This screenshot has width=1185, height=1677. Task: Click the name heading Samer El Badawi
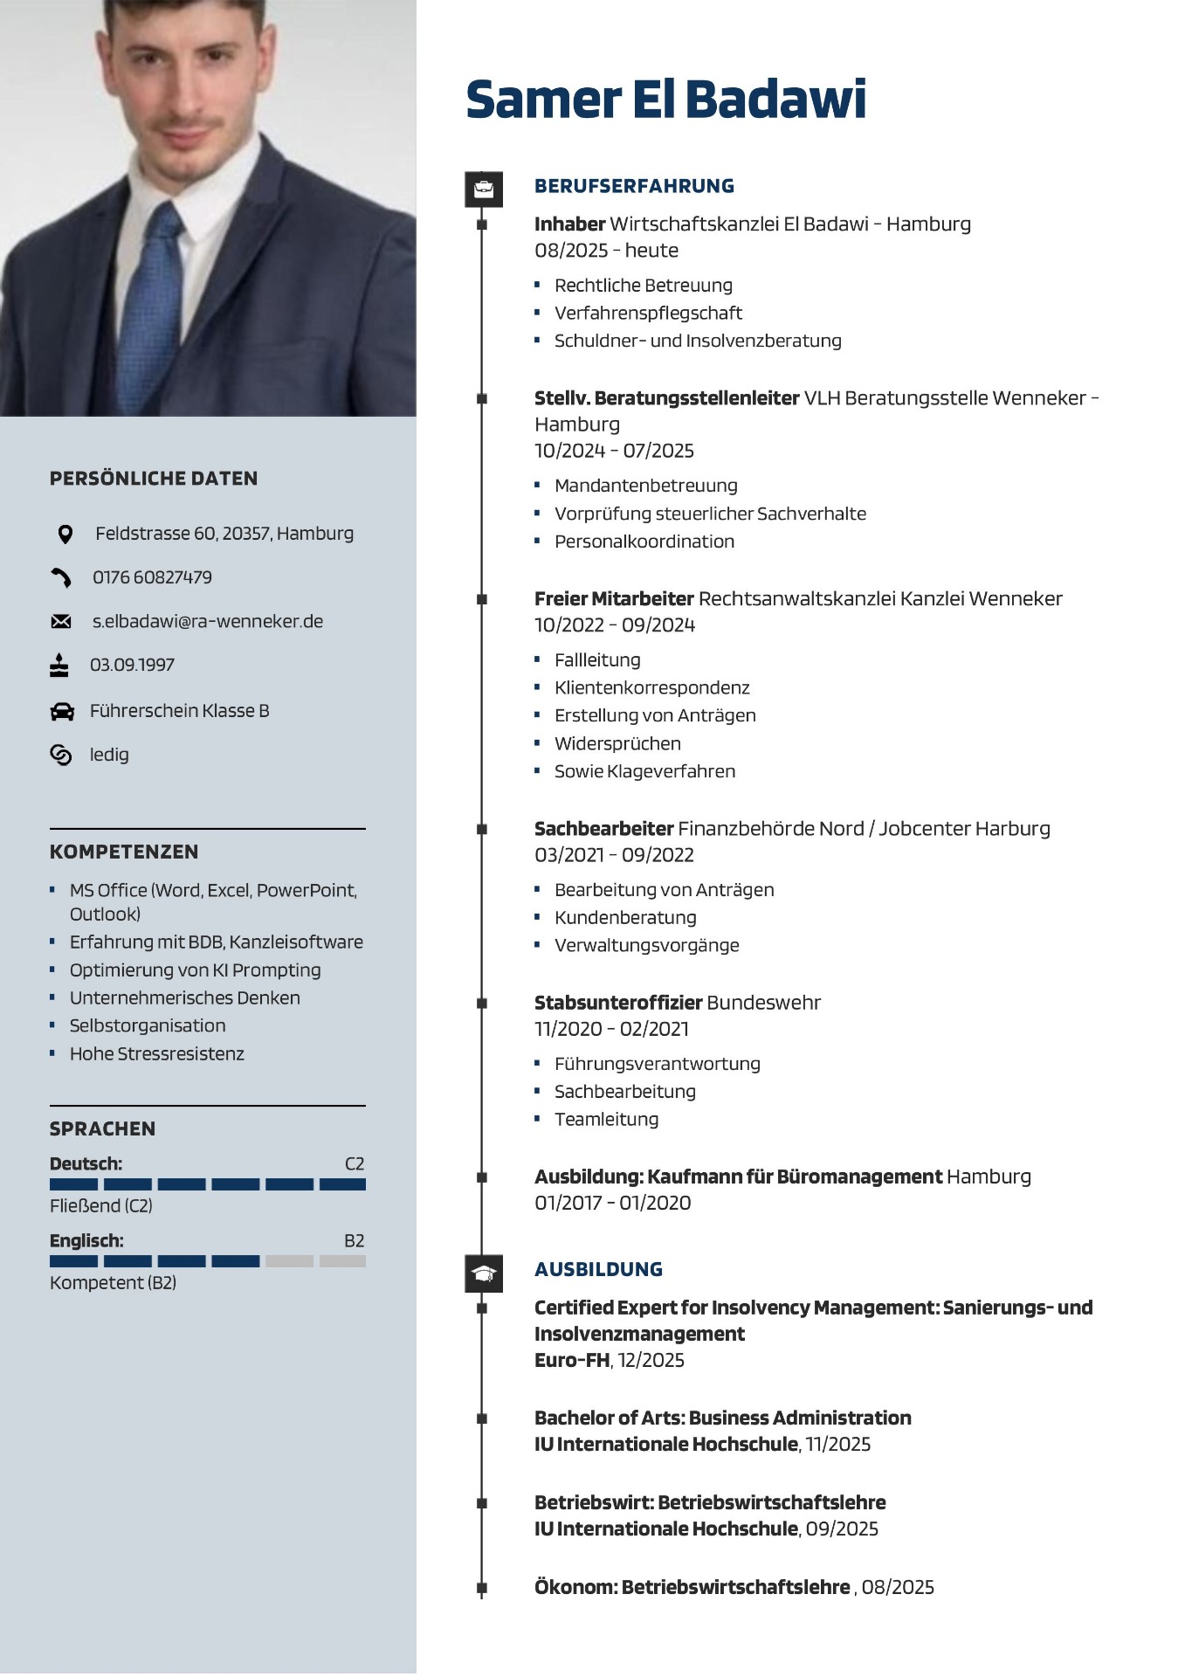665,99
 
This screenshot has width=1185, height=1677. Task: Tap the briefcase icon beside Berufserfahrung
484,189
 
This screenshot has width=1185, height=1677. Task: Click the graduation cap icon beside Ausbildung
484,1273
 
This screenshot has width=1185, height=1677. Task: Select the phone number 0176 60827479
152,577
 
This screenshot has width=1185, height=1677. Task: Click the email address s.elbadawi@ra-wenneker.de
208,621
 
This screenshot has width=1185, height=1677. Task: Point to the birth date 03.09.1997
132,665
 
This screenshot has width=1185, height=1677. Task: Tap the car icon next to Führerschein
62,711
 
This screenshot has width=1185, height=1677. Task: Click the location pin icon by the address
65,534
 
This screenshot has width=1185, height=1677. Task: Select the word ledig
109,755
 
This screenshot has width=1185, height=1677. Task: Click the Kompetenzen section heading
124,852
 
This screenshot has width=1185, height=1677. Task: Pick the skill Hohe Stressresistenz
157,1053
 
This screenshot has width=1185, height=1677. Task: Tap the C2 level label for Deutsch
355,1163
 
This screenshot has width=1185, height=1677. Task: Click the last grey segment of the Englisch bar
342,1260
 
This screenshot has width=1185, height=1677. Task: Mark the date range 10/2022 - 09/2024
615,625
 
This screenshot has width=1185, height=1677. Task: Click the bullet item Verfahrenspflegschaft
648,313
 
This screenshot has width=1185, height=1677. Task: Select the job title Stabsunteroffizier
618,1003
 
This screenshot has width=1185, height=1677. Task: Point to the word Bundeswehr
764,1003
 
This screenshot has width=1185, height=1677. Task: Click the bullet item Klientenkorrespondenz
651,687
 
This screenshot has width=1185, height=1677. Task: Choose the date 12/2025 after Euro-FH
651,1360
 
